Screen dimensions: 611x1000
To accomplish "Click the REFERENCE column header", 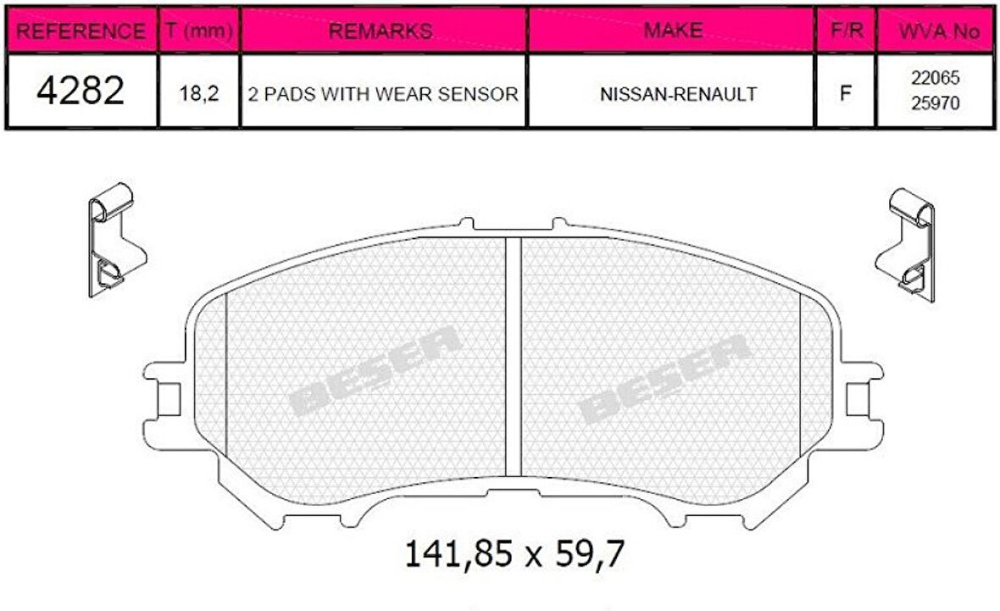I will click(x=81, y=31).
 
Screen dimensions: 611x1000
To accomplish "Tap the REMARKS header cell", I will click(x=384, y=31).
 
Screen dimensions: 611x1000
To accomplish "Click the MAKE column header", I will click(x=672, y=31).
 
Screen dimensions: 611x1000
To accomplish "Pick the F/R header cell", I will click(x=845, y=31).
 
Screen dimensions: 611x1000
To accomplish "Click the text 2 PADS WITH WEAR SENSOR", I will click(x=383, y=93).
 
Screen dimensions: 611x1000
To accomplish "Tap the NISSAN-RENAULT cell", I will click(x=678, y=93).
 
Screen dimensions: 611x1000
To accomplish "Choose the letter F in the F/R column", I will click(x=845, y=93).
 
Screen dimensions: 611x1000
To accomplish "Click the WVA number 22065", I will click(x=935, y=78).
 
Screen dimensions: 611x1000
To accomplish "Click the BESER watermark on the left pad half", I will click(x=375, y=371).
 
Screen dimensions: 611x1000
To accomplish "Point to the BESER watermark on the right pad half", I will click(x=664, y=378).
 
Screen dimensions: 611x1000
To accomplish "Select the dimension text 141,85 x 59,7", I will click(x=514, y=554).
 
